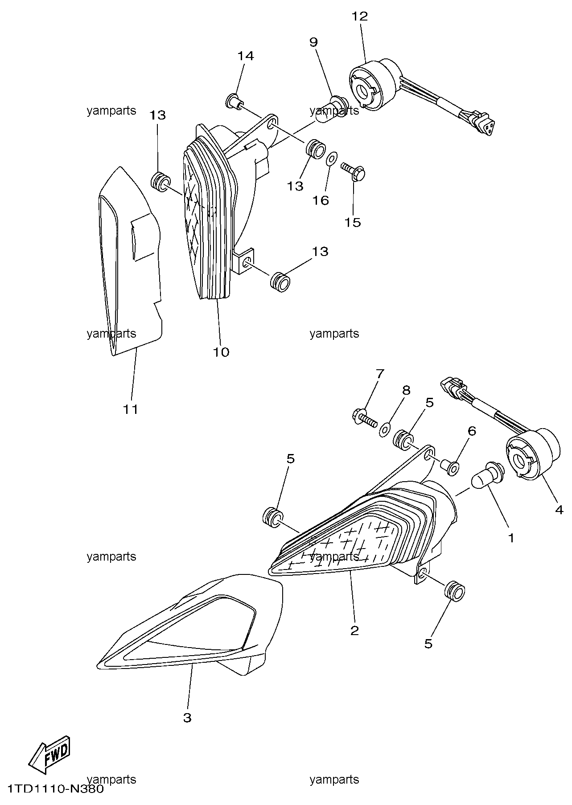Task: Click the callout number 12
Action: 360,17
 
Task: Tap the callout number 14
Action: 245,56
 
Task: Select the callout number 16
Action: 320,200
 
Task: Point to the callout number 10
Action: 221,352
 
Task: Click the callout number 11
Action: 131,409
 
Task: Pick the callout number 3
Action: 187,718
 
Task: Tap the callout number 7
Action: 379,374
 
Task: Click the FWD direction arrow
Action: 49,754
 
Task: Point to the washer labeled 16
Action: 331,159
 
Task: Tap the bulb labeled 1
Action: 488,473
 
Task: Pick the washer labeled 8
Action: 384,429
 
